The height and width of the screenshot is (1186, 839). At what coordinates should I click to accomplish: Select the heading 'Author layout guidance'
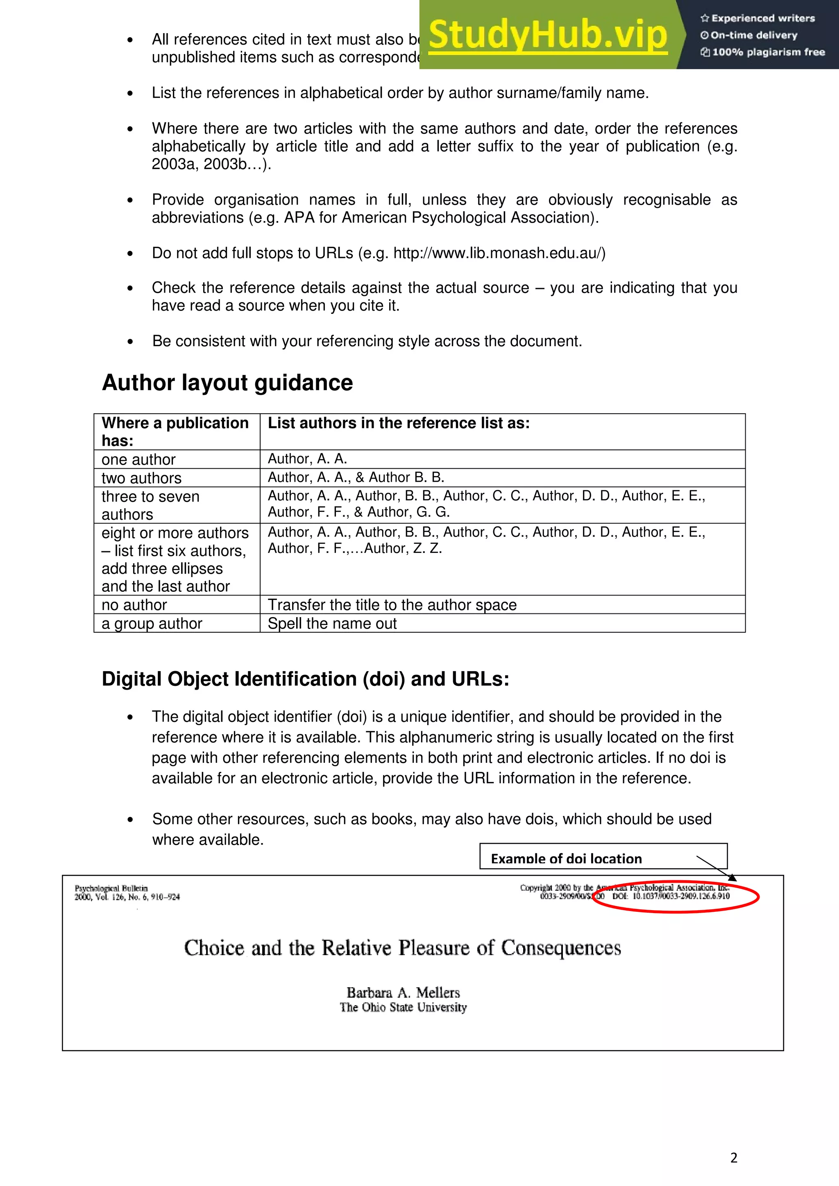227,383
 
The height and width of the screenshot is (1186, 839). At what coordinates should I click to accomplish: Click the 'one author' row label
138,459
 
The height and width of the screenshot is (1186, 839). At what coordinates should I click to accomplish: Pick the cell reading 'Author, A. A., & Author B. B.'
356,477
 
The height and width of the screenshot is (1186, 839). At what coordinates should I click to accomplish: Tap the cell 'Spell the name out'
332,623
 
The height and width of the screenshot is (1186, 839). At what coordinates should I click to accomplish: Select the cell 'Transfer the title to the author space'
392,604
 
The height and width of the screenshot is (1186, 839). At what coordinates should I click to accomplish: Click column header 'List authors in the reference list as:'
399,423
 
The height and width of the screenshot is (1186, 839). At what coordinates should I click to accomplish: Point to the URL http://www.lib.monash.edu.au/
499,253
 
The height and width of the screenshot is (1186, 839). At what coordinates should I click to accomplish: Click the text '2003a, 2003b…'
207,164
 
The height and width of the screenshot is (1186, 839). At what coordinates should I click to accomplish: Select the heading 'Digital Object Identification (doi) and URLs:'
305,679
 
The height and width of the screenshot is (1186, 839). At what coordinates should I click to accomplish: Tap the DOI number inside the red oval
681,896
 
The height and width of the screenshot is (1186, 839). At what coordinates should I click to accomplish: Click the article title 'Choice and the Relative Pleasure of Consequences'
402,948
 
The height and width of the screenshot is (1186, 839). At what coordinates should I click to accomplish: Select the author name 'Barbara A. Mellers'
403,992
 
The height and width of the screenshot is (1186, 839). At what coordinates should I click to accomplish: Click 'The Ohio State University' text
403,1007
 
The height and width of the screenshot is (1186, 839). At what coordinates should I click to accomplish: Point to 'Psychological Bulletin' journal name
111,888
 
